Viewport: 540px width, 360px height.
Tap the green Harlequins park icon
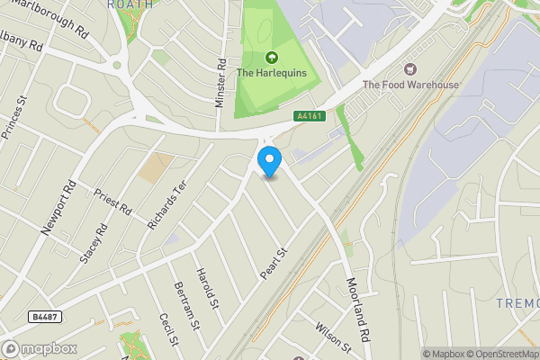tap(271, 58)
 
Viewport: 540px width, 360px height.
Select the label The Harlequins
tap(271, 73)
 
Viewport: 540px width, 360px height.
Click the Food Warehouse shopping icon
tap(411, 69)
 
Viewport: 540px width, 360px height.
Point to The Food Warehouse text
tap(410, 85)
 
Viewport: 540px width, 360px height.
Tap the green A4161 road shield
tap(309, 116)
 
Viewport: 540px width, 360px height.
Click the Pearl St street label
tap(273, 264)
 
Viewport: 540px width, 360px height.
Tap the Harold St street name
tap(209, 287)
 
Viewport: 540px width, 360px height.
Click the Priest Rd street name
tap(113, 201)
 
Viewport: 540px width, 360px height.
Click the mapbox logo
tap(40, 348)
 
